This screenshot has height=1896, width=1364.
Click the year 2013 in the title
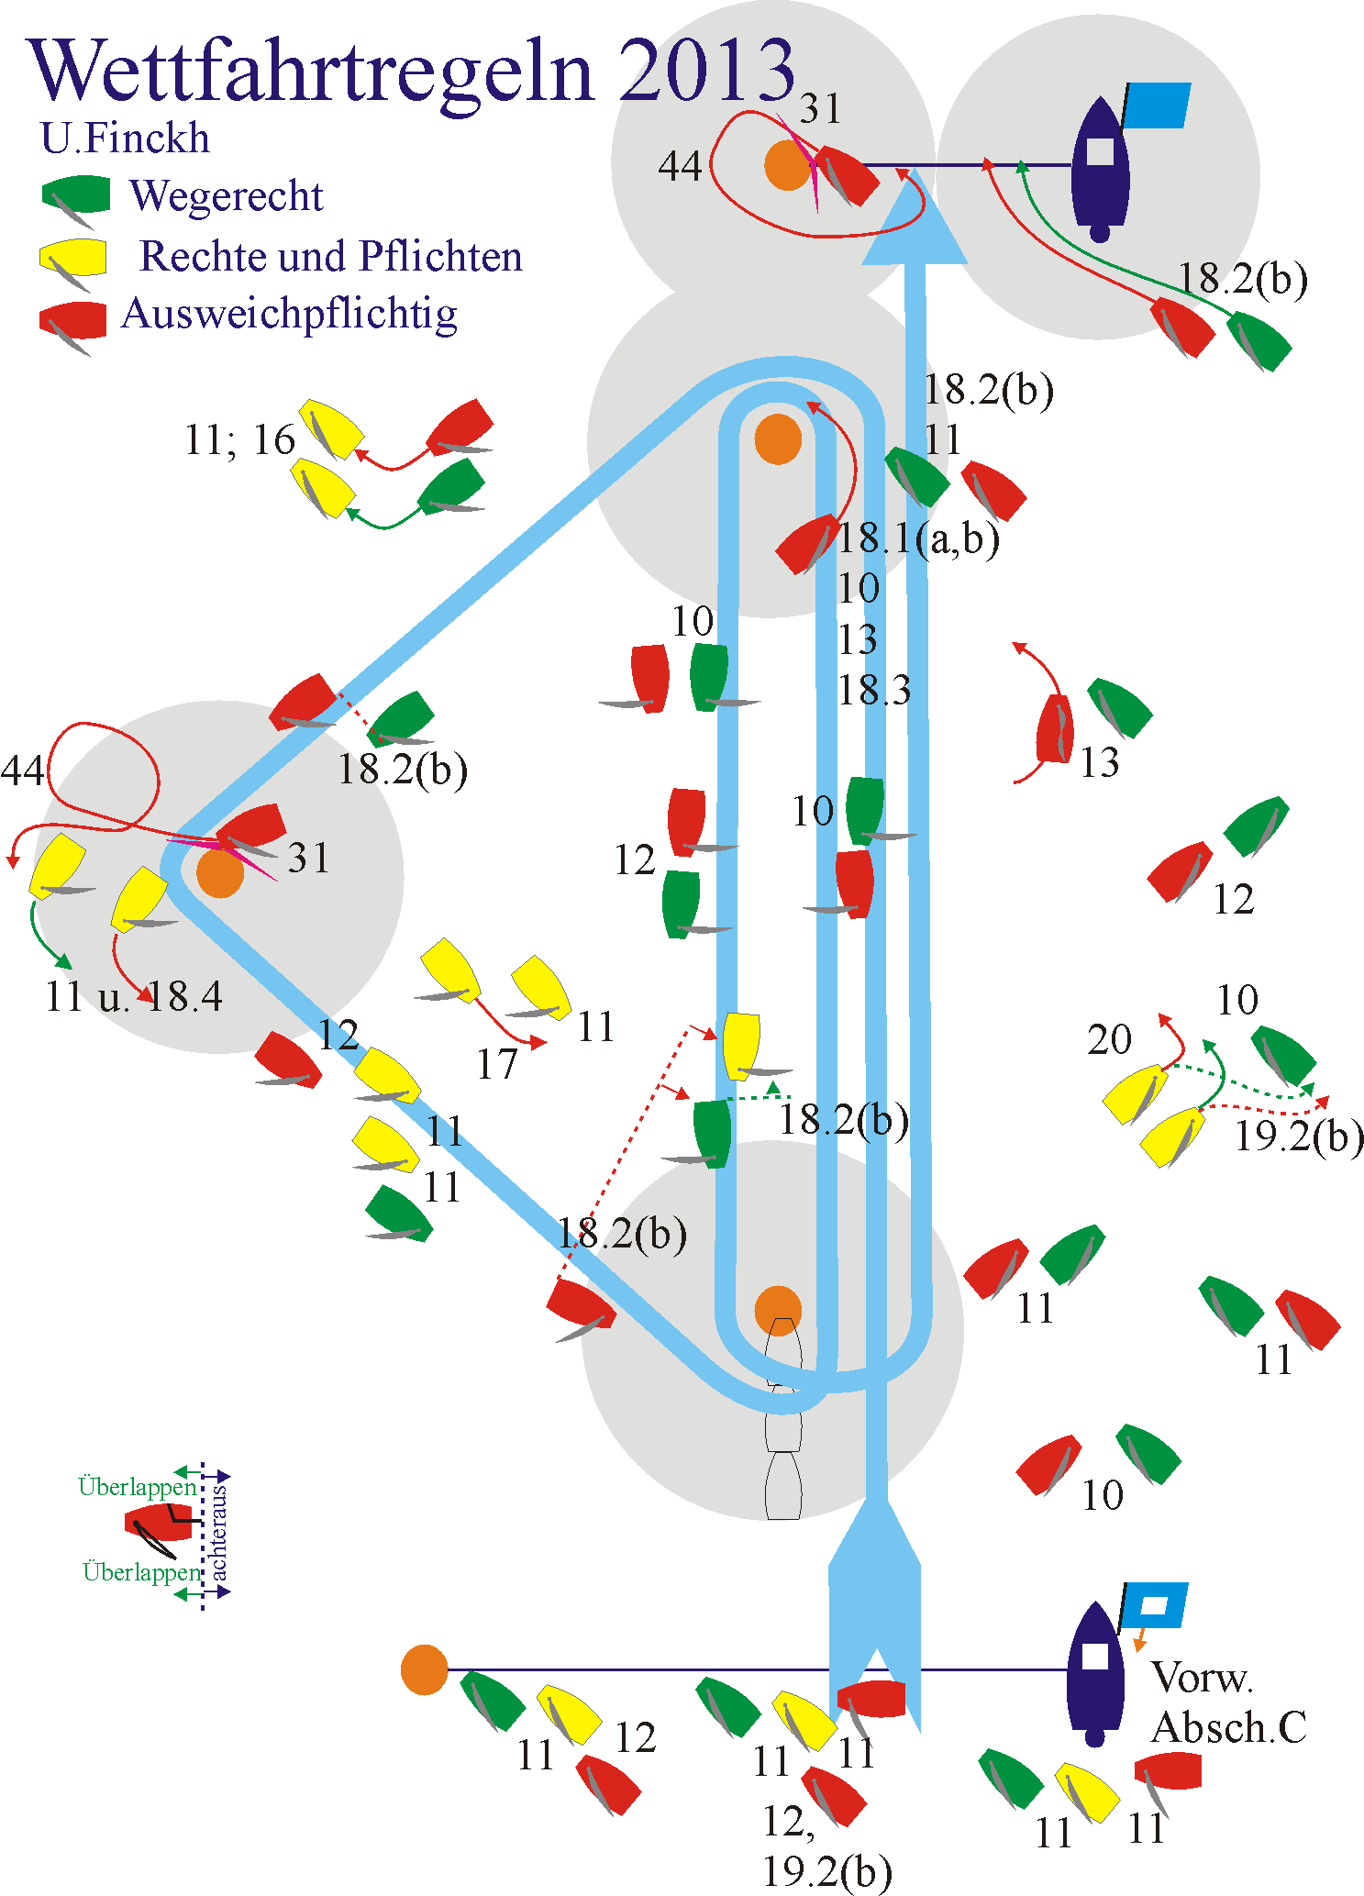pos(705,71)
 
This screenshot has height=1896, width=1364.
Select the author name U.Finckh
pos(125,139)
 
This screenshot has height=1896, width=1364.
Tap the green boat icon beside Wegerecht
pos(75,195)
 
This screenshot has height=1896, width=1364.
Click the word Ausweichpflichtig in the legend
pos(289,314)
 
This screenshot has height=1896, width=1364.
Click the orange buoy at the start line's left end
pos(424,1669)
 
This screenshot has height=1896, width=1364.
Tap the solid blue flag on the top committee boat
pos(1157,105)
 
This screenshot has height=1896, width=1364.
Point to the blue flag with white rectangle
pos(1155,1604)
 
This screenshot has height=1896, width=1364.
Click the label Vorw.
pos(1202,1678)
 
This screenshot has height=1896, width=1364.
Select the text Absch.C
pos(1228,1728)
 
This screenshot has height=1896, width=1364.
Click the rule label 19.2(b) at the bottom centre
pos(826,1870)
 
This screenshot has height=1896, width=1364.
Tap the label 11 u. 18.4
pos(134,996)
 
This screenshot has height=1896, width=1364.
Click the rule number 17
pos(497,1064)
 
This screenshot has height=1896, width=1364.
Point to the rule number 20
pos(1109,1040)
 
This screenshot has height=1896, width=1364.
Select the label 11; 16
pos(239,440)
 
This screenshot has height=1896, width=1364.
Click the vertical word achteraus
pos(219,1534)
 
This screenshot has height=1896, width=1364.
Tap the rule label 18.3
pos(874,690)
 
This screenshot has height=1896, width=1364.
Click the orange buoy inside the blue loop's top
pos(778,438)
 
